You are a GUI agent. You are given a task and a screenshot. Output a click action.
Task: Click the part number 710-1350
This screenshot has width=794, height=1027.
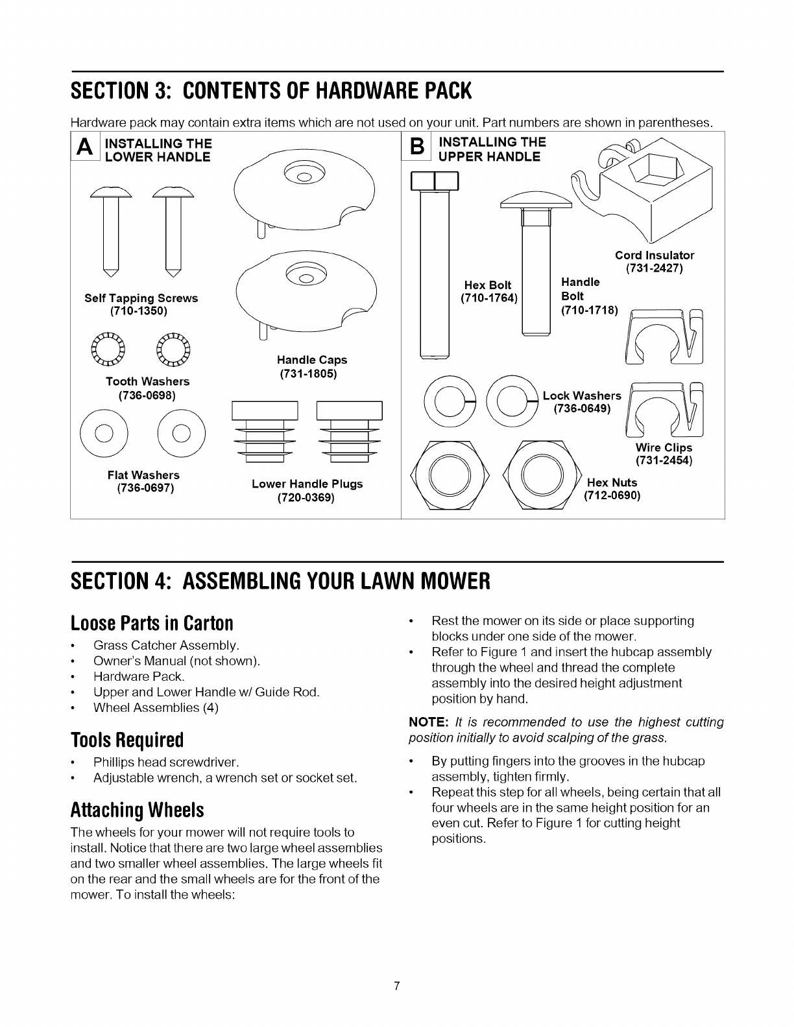pos(139,311)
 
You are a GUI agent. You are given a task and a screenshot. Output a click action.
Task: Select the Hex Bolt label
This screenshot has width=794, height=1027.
pos(488,285)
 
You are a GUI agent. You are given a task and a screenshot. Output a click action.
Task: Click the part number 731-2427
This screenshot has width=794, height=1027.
pos(653,268)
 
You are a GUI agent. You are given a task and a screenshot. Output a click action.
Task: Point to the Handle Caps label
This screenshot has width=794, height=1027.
pos(312,360)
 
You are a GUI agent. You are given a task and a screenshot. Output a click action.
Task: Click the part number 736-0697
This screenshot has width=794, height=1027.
pos(143,488)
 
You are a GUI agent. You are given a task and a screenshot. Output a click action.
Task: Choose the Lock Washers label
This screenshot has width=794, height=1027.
pos(582,395)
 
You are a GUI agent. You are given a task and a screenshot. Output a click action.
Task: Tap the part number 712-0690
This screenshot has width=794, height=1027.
pos(612,496)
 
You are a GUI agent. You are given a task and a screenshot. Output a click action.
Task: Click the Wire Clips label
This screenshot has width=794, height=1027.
pos(664,448)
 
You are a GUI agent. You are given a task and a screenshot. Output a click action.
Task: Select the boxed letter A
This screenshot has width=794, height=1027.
pos(83,149)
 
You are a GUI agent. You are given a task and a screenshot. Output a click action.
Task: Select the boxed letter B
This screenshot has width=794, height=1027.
pos(416,149)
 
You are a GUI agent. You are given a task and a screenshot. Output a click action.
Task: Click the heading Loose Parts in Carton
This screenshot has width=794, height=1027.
pos(152,623)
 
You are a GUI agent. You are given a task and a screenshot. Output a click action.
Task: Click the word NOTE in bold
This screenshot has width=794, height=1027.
pos(424,722)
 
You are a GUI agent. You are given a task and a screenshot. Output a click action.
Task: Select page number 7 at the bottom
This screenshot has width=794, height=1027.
pos(397,987)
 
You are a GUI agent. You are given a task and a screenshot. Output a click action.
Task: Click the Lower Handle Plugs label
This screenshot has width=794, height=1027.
pos(307,484)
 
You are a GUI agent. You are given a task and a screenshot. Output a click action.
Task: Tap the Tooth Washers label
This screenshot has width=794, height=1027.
pos(139,381)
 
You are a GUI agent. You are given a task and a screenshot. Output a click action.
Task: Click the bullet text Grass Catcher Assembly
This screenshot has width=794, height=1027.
pos(166,646)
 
